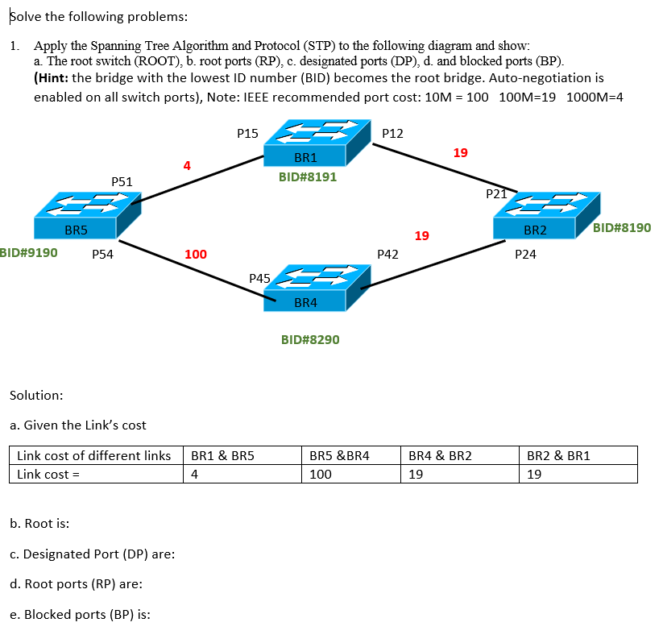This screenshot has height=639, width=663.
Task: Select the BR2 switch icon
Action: coord(545,215)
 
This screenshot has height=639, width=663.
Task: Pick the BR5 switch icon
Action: coord(87,215)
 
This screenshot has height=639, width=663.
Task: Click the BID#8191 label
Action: coord(308,176)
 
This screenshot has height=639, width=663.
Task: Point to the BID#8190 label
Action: coord(622,228)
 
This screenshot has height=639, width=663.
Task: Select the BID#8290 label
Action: coord(310,339)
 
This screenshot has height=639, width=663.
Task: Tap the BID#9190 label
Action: coord(29,252)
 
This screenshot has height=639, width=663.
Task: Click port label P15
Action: coord(248,133)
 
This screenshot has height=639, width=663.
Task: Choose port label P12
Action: coord(392,133)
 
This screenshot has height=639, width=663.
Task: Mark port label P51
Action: coord(122,182)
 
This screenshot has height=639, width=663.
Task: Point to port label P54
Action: coord(102,255)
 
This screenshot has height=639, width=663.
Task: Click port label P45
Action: coord(259,278)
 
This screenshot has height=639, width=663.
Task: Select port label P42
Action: coord(387,255)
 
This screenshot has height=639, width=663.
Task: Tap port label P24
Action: coord(525,255)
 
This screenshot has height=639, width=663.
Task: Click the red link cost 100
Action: coord(196,255)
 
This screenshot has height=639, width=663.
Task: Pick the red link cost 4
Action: coord(187,166)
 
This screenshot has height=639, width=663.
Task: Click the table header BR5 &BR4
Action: coord(339,455)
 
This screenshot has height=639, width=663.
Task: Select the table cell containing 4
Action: coord(242,474)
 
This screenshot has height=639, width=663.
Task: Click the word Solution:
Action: coord(36,395)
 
